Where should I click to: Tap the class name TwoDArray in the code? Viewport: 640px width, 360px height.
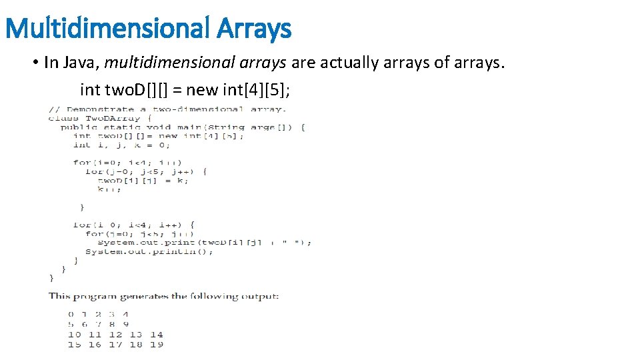point(111,118)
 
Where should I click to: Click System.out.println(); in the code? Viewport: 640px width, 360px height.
point(141,251)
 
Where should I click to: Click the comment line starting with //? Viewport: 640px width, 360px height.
point(167,109)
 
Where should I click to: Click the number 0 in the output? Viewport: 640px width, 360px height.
point(71,314)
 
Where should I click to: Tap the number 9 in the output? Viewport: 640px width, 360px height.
point(125,324)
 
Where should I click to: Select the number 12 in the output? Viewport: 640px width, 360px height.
point(115,335)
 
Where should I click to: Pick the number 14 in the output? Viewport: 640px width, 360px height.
point(156,335)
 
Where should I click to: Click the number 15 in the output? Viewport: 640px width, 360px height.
point(75,345)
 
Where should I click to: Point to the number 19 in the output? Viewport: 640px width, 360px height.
point(156,345)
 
